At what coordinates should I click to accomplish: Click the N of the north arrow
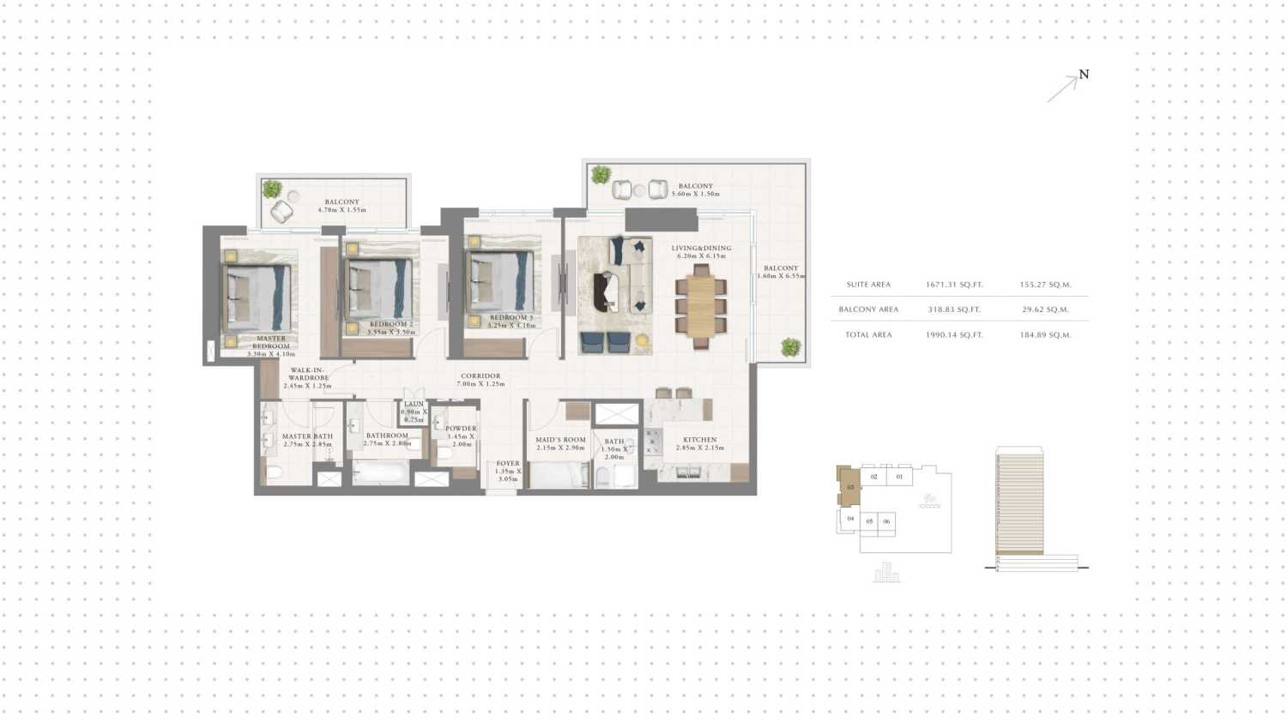coord(1084,75)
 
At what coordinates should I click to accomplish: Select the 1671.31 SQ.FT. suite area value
coord(954,285)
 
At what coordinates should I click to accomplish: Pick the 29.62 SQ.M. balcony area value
coord(1045,310)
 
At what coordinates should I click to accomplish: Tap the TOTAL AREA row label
coord(868,334)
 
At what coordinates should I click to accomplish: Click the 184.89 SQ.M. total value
coord(1045,334)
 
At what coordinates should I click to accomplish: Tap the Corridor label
coord(480,380)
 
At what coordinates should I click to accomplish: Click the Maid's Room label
coord(560,443)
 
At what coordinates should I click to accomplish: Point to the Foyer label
coord(507,471)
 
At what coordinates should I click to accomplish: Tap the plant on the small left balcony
coord(272,189)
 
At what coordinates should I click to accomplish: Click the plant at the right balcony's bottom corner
coord(790,347)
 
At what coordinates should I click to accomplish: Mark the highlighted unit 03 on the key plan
coord(849,487)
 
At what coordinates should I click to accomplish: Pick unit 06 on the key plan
coord(886,521)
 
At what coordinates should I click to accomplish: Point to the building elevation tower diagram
coord(1019,502)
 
